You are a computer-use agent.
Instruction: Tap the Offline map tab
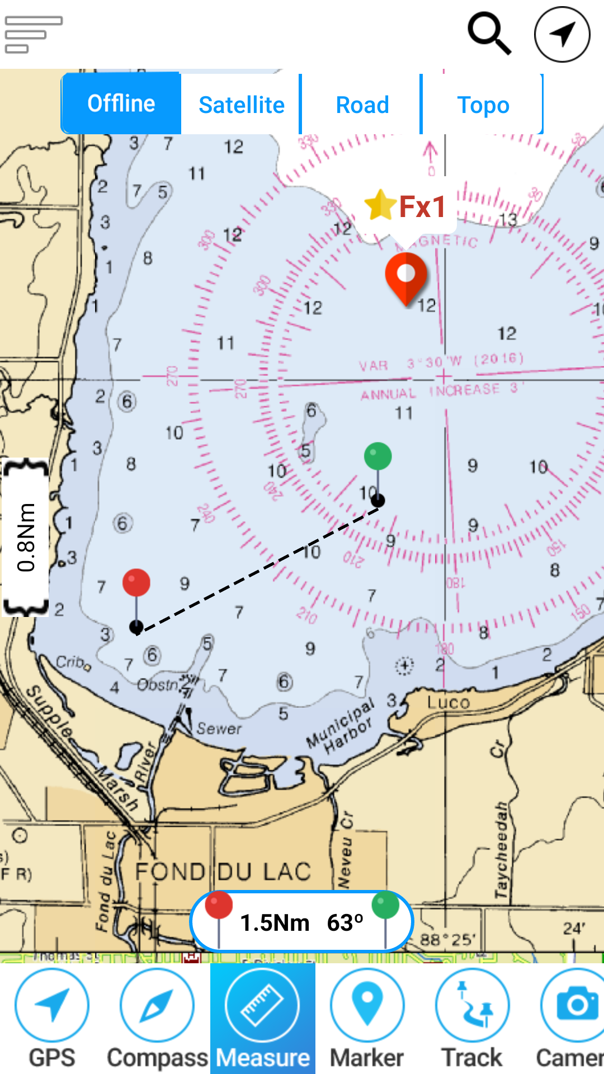pos(121,104)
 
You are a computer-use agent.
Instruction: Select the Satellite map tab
pos(242,105)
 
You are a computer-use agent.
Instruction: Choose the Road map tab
pos(362,105)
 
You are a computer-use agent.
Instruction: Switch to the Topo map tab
pos(483,105)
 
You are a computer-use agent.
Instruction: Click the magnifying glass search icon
pos(489,34)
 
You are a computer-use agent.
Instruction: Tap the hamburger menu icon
pos(33,34)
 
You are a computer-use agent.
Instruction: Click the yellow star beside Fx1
pos(380,205)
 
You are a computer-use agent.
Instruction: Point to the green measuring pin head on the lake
pos(377,456)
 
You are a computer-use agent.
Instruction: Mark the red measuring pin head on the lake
pos(136,582)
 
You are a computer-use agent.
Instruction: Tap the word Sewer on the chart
pos(219,728)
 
